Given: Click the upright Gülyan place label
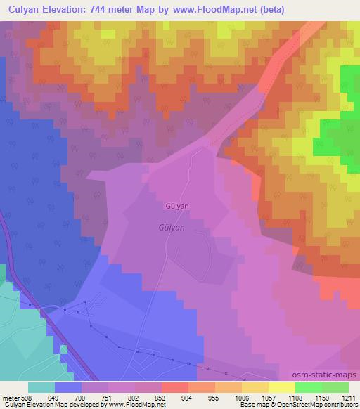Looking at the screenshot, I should [x=176, y=207].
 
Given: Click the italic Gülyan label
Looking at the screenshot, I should [x=170, y=228].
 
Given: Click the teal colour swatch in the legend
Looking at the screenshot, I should [x=41, y=387].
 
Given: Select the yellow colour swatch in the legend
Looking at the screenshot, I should [x=281, y=387].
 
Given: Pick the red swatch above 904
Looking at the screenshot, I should [x=174, y=387].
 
